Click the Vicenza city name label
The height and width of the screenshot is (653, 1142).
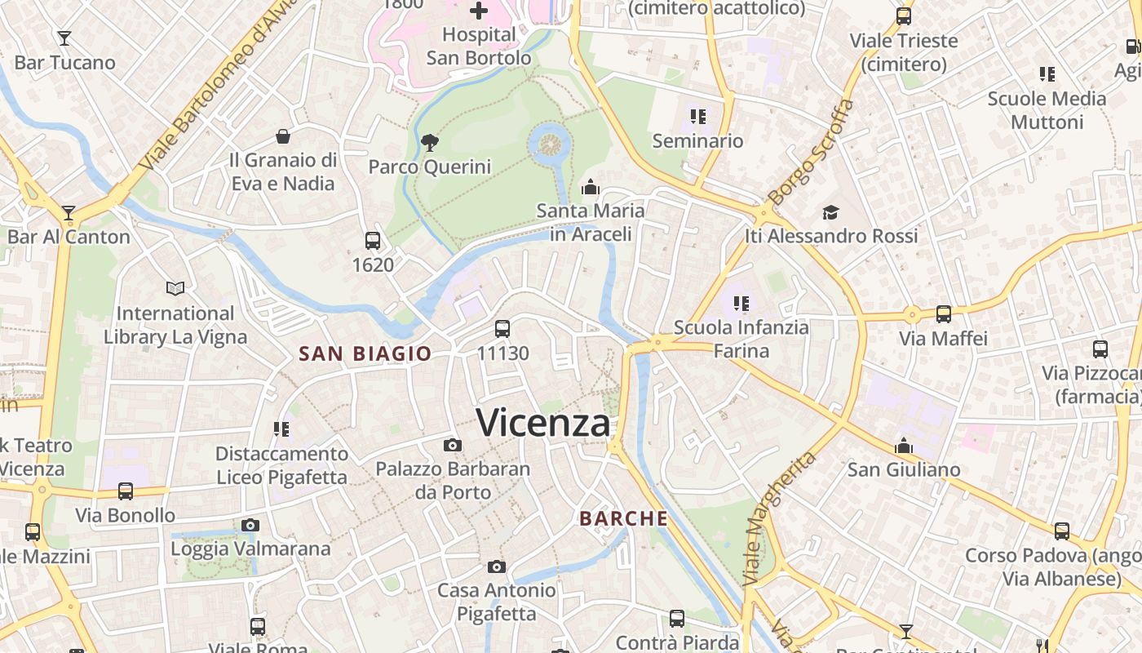(542, 423)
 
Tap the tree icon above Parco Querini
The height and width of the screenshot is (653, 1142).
(429, 144)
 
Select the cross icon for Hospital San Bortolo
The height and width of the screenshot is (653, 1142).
(479, 11)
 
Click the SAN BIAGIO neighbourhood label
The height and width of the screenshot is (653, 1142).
(365, 353)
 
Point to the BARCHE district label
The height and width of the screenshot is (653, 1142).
(624, 518)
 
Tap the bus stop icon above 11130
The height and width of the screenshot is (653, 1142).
(502, 329)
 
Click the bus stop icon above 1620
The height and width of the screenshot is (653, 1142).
(373, 241)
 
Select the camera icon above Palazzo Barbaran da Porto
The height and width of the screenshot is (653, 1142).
(453, 446)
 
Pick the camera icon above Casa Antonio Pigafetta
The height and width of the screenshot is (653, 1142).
(496, 566)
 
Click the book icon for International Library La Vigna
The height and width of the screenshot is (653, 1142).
(175, 288)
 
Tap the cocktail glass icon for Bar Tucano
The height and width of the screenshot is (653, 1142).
(64, 38)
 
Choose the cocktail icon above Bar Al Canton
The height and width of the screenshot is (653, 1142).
(69, 213)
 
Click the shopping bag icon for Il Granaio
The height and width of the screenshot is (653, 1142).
(283, 135)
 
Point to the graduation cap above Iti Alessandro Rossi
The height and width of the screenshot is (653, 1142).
(830, 212)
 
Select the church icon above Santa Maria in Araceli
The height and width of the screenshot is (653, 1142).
(591, 187)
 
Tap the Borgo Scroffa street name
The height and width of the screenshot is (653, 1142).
(812, 152)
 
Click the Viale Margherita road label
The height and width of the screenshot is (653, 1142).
(780, 518)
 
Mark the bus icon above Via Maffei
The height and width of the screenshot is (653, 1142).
(944, 313)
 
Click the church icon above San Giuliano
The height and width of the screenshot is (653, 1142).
(904, 446)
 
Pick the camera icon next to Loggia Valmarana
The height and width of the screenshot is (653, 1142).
(250, 525)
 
